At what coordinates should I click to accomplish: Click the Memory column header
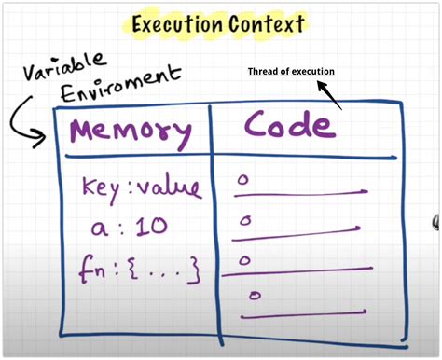tap(131, 131)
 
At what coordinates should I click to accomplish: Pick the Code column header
tap(288, 127)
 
